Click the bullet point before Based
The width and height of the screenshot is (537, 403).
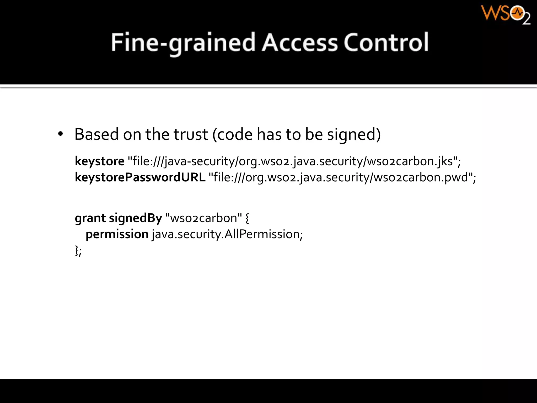(x=61, y=134)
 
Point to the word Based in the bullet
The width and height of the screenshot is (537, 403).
(x=97, y=134)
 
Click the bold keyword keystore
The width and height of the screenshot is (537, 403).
(x=100, y=161)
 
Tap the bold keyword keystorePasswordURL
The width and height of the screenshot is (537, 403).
(x=140, y=177)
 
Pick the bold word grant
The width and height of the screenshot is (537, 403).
(x=90, y=218)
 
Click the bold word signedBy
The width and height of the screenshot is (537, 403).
(x=136, y=218)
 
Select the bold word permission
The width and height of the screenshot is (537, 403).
(x=117, y=234)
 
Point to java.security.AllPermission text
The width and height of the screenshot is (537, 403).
(x=227, y=234)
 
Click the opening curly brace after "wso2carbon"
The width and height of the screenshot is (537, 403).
(x=247, y=218)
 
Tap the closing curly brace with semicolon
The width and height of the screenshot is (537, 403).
(x=78, y=251)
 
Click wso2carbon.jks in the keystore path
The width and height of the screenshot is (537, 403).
(x=410, y=161)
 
